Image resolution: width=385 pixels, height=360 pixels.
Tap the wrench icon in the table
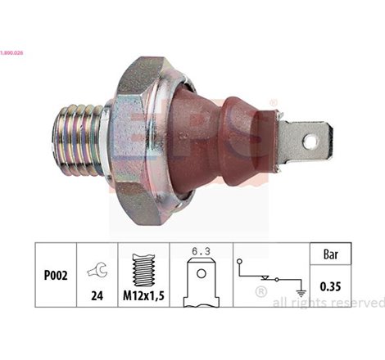coord(97,266)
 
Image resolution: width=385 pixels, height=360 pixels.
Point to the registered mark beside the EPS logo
coord(274,103)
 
